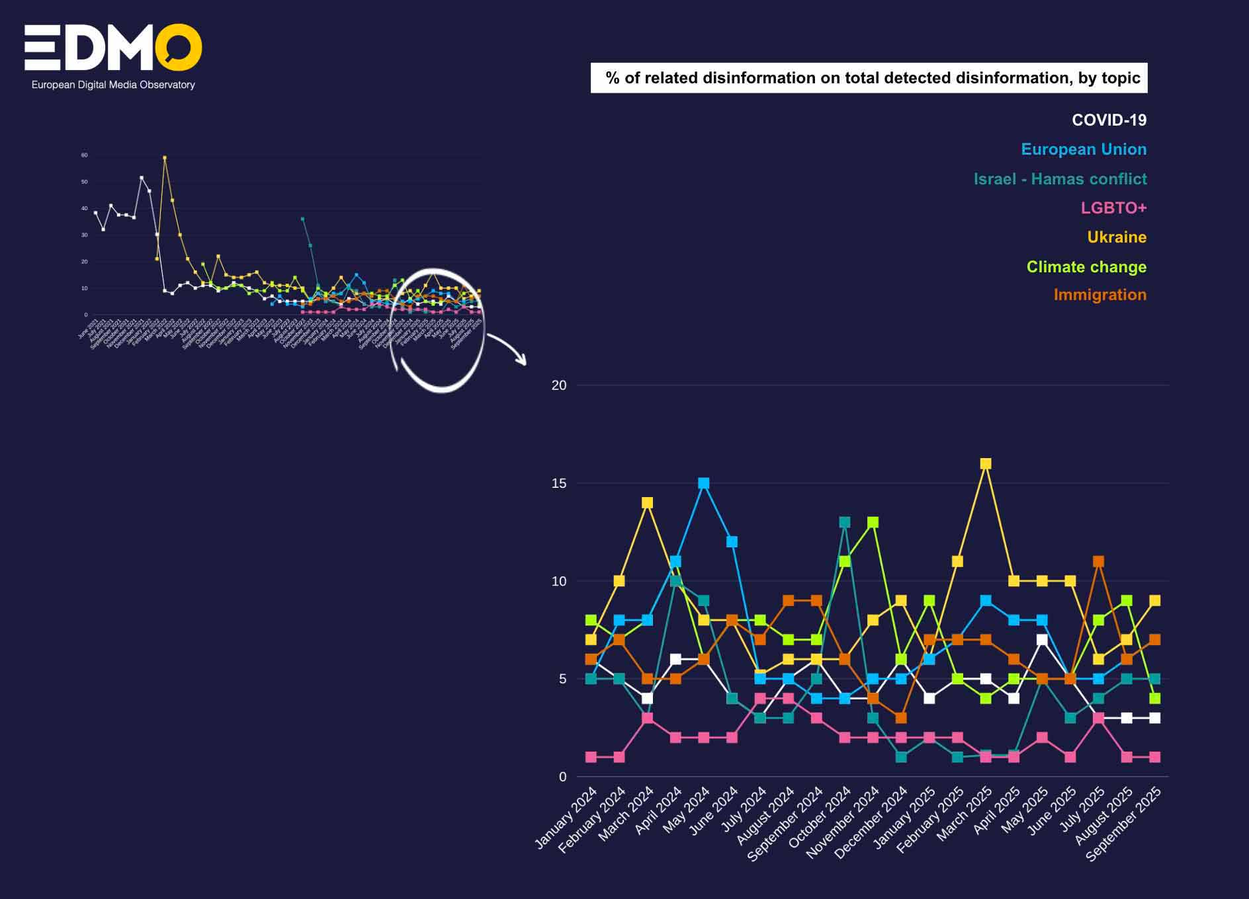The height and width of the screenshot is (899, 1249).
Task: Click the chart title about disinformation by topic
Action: pyautogui.click(x=869, y=78)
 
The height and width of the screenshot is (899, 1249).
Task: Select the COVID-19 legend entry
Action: pyautogui.click(x=1109, y=120)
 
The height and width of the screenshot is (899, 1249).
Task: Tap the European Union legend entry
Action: pyautogui.click(x=1084, y=149)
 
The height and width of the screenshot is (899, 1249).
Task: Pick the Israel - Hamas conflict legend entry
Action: pyautogui.click(x=1060, y=179)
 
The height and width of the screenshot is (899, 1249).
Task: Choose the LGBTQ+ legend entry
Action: pyautogui.click(x=1113, y=208)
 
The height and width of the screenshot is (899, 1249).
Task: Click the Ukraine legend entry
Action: pyautogui.click(x=1117, y=237)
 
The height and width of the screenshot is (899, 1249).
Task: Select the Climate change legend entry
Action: pyautogui.click(x=1086, y=267)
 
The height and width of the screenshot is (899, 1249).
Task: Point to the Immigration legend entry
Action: pyautogui.click(x=1099, y=295)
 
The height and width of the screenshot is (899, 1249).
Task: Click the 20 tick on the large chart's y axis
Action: pyautogui.click(x=559, y=385)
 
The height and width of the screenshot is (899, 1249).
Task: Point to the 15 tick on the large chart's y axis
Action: pyautogui.click(x=559, y=483)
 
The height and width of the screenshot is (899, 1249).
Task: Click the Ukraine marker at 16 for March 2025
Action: pyautogui.click(x=986, y=464)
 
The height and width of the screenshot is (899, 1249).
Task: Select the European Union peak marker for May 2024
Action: pyautogui.click(x=704, y=483)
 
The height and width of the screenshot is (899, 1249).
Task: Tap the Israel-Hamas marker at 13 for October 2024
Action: pyautogui.click(x=845, y=522)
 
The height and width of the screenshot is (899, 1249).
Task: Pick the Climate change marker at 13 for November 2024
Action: pyautogui.click(x=873, y=522)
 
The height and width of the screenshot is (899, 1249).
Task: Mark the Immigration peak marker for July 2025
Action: pyautogui.click(x=1099, y=561)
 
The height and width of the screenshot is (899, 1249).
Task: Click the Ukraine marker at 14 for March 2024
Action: pyautogui.click(x=648, y=503)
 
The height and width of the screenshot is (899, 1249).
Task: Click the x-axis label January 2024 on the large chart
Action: pyautogui.click(x=566, y=818)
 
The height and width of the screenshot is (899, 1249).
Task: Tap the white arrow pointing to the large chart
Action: pyautogui.click(x=508, y=348)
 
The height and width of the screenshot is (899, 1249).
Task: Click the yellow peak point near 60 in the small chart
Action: pyautogui.click(x=165, y=158)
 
